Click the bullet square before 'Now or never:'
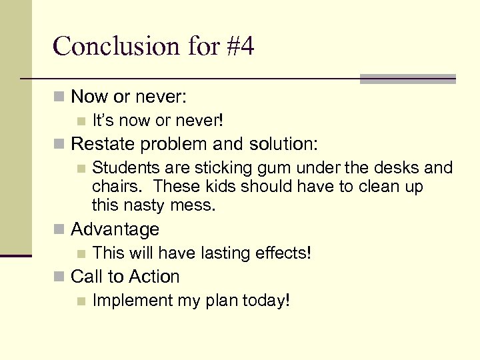click(x=59, y=97)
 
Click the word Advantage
click(x=115, y=229)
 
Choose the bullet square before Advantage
click(x=59, y=230)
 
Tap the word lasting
click(x=217, y=253)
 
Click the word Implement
click(x=132, y=301)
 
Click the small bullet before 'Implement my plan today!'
click(x=81, y=301)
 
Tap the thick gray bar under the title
click(x=407, y=79)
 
